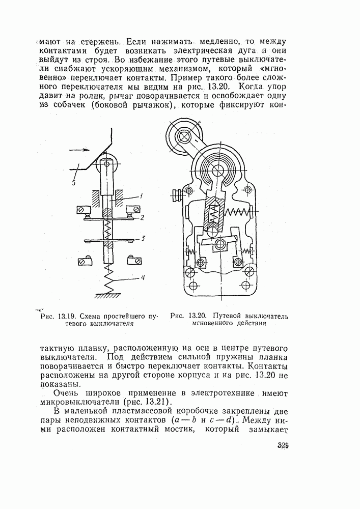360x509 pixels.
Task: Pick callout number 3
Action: (x=144, y=238)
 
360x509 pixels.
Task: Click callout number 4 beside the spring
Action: (x=144, y=278)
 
